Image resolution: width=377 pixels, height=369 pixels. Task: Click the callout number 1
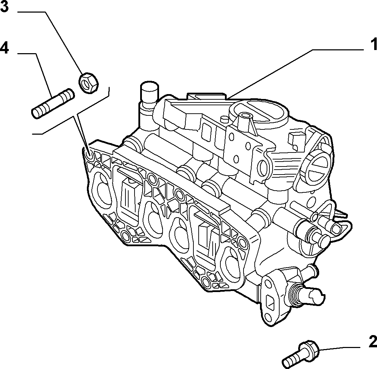[373, 45]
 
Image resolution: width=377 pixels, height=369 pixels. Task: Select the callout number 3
[4, 7]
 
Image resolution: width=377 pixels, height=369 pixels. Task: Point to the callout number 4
[4, 48]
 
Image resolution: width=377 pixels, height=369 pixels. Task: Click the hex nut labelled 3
[88, 83]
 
